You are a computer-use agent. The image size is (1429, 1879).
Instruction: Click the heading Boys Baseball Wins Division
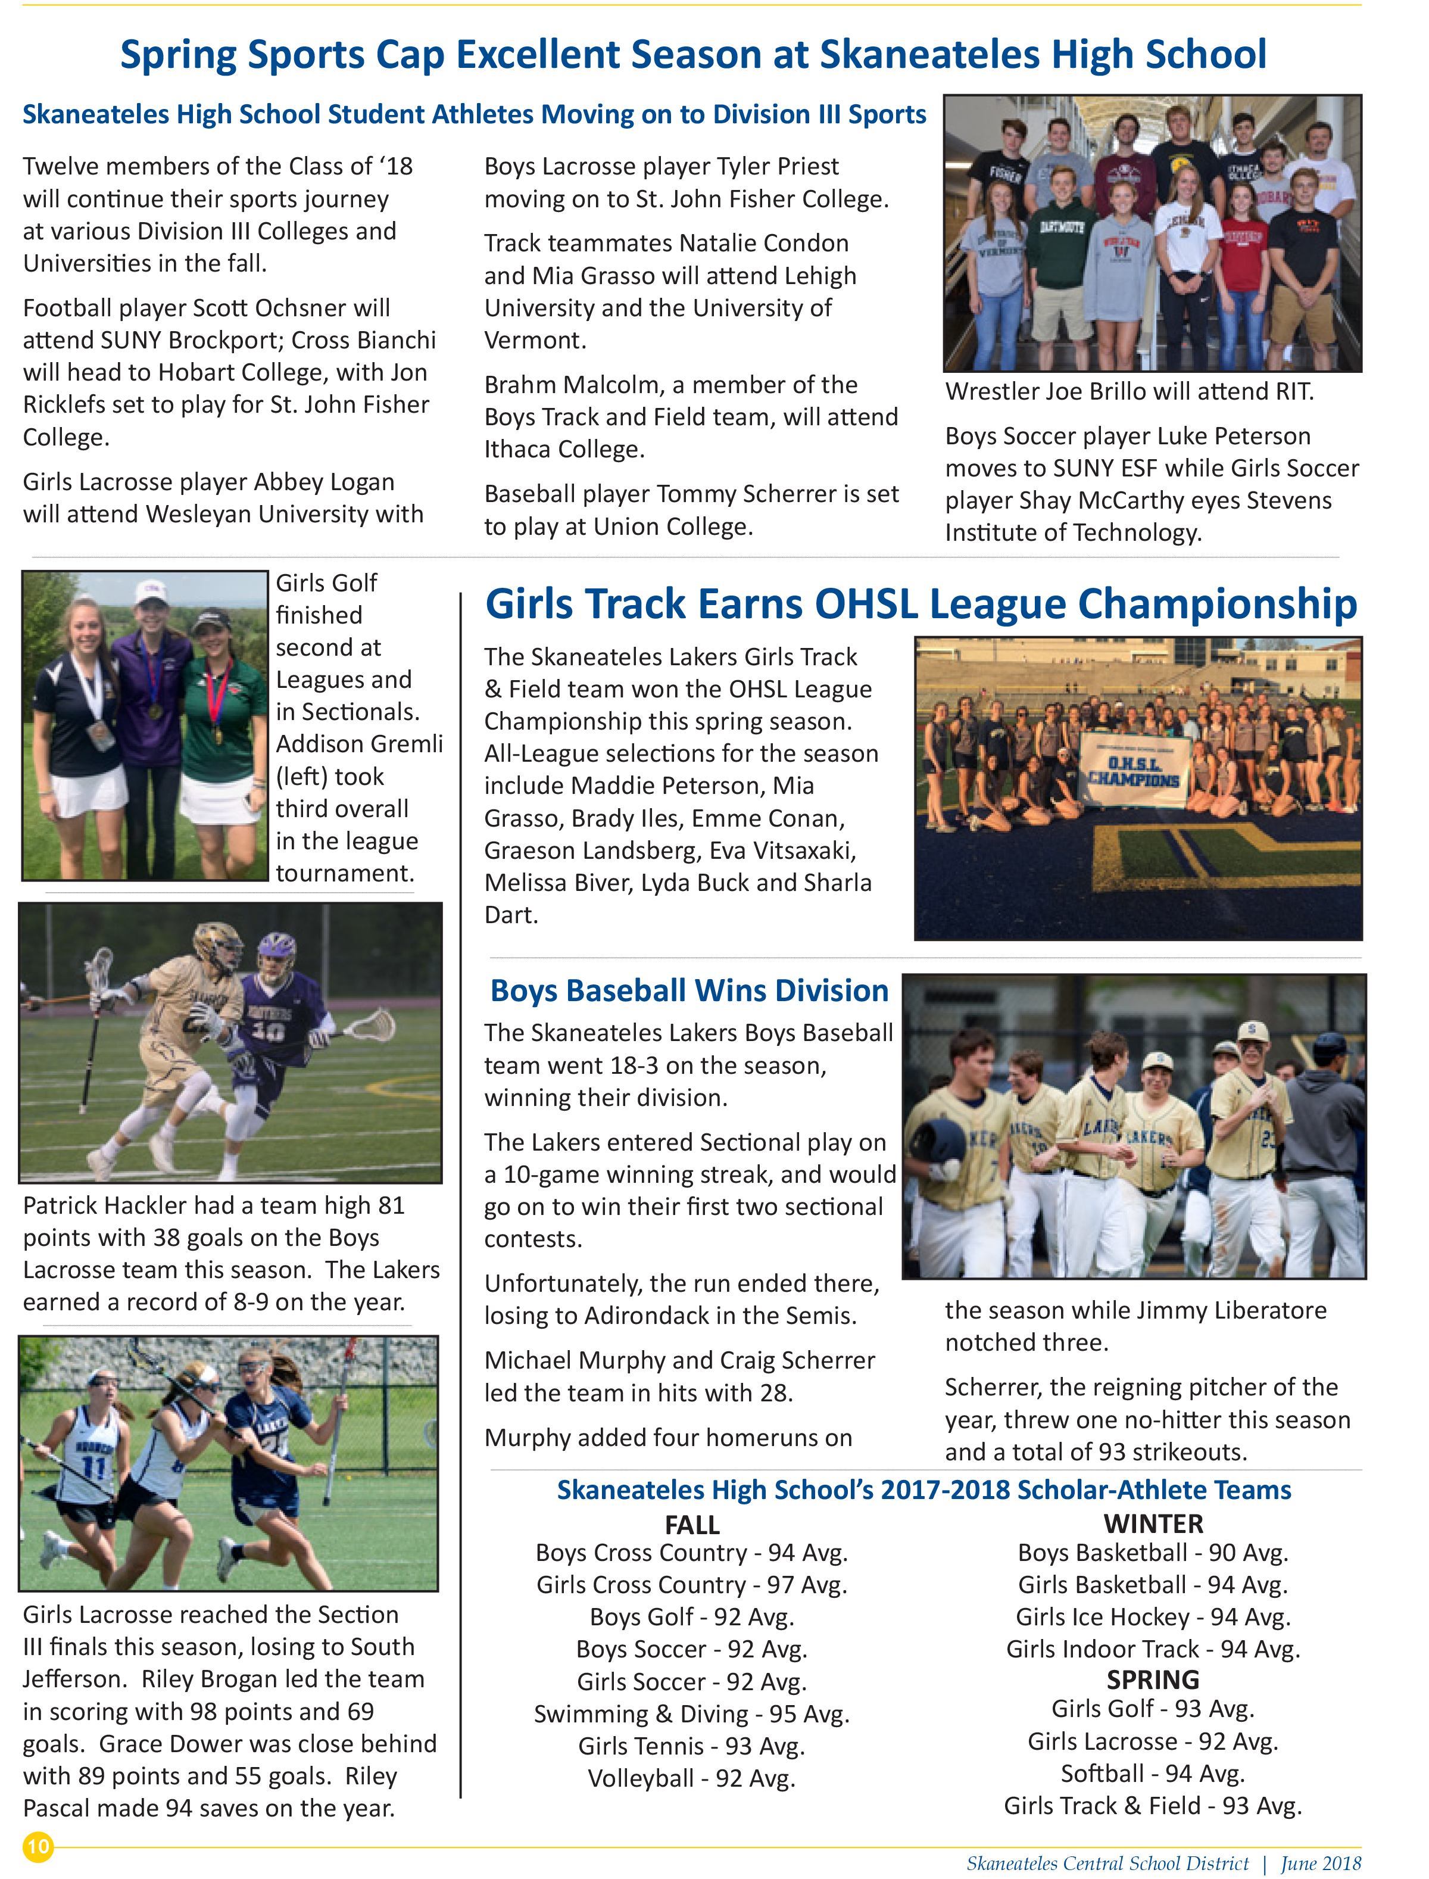689,990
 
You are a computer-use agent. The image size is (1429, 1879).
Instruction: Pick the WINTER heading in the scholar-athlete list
1153,1523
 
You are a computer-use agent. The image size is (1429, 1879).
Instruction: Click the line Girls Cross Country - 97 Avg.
691,1585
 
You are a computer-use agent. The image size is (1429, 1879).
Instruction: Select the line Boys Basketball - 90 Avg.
1153,1553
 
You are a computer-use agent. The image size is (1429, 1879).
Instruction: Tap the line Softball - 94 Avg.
1153,1774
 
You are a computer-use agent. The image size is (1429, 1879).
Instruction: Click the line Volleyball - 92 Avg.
691,1778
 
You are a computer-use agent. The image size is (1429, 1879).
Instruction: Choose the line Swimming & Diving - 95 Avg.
691,1714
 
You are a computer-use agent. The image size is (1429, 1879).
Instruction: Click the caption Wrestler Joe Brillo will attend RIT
1130,391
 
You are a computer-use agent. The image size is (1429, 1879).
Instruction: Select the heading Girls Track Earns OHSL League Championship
921,604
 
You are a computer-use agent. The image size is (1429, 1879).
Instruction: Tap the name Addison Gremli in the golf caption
359,744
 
